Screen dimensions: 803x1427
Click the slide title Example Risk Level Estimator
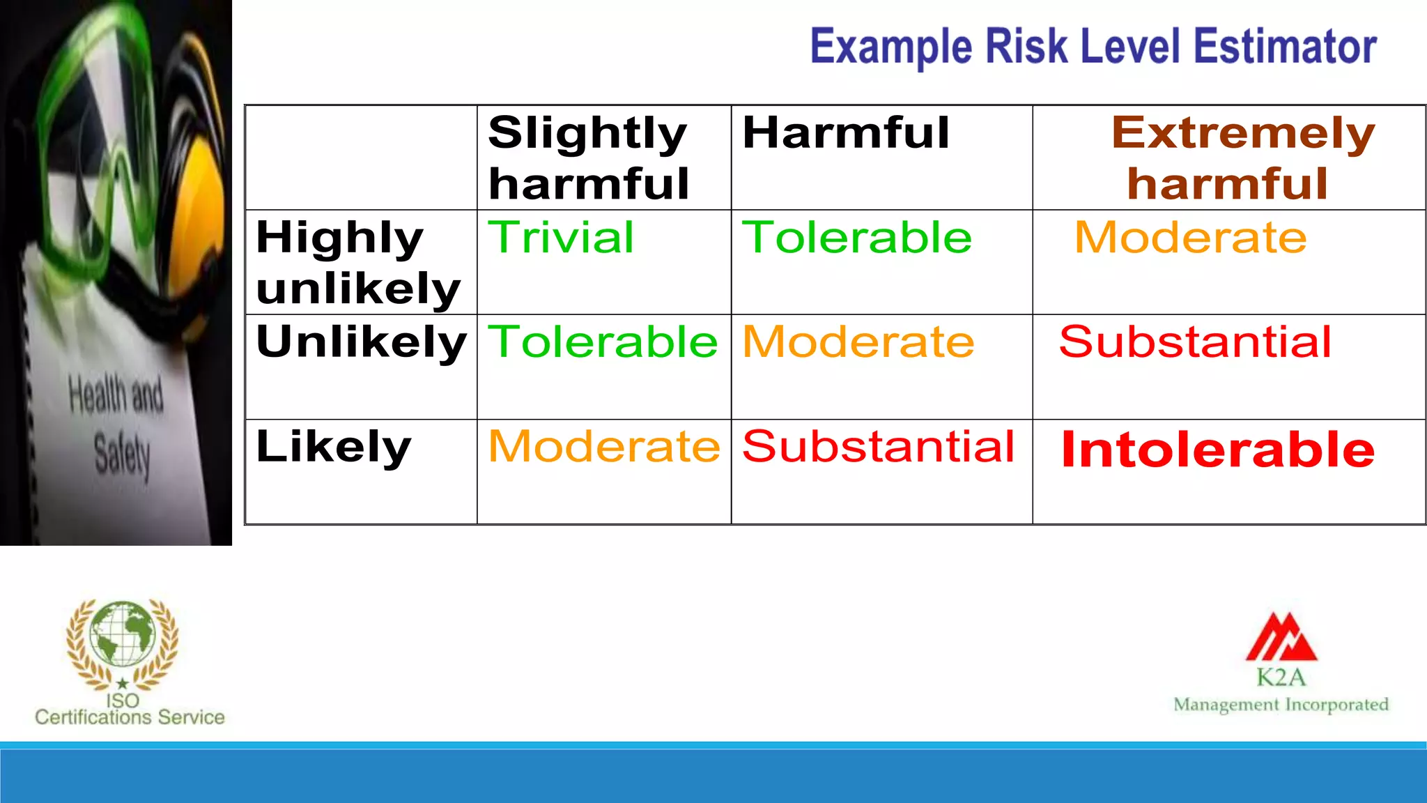[x=1093, y=47]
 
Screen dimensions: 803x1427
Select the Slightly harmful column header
[x=589, y=158]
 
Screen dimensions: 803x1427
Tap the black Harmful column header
[x=846, y=132]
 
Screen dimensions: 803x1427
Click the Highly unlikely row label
[x=358, y=263]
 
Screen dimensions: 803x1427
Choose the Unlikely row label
[x=361, y=342]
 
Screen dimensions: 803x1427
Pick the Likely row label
[x=334, y=447]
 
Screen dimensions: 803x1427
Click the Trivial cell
[x=561, y=238]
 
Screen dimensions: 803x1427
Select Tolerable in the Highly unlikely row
[x=856, y=238]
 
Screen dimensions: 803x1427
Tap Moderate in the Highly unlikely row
[x=1190, y=238]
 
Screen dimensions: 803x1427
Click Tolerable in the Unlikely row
[x=603, y=342]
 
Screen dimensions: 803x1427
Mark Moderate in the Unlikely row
[x=858, y=342]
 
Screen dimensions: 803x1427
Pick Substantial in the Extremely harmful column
[x=1195, y=342]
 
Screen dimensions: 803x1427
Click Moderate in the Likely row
[x=604, y=447]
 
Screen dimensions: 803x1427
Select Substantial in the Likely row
[x=878, y=447]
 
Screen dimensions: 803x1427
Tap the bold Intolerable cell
[x=1217, y=450]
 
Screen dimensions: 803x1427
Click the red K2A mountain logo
[x=1281, y=637]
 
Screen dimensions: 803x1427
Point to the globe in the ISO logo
[x=123, y=634]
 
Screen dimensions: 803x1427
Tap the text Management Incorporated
[x=1281, y=705]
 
